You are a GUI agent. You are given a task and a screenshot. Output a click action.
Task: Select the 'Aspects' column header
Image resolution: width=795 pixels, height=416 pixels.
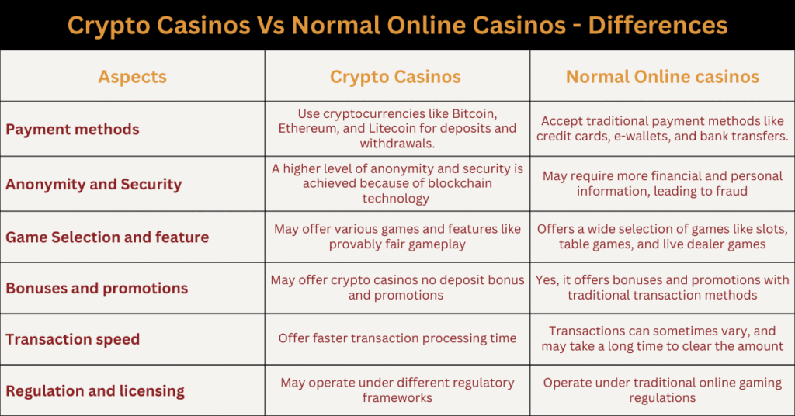coord(132,77)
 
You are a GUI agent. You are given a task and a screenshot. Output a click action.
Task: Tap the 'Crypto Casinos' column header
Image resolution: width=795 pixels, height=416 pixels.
coord(395,77)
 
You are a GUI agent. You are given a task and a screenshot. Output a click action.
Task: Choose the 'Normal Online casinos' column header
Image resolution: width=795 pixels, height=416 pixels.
coord(663,77)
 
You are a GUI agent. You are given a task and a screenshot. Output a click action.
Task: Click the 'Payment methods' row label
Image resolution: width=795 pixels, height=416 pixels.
coord(72,129)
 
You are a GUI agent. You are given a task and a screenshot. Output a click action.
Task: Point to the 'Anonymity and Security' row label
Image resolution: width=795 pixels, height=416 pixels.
coord(94,185)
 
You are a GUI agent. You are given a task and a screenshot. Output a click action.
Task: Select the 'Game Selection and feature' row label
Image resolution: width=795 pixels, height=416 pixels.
coord(107,237)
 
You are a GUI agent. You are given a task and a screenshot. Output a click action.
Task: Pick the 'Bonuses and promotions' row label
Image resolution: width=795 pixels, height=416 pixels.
coord(97,288)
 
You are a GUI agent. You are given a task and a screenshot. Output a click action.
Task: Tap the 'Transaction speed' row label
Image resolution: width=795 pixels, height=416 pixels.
coord(72,339)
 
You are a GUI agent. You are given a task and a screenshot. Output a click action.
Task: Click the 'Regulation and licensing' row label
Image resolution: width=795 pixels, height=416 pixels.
coord(95,391)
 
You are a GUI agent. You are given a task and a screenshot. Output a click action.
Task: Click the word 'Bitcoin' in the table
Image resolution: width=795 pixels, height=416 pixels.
coord(474,113)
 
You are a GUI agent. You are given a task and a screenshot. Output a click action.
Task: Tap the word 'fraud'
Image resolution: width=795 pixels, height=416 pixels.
coord(731,191)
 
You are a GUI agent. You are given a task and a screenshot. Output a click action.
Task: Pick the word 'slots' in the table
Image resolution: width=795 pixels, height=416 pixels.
coord(772,230)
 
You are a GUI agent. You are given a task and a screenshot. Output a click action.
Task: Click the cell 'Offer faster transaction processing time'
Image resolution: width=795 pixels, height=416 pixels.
coord(397,338)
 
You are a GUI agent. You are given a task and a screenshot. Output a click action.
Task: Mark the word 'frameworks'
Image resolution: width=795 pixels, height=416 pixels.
coord(397,397)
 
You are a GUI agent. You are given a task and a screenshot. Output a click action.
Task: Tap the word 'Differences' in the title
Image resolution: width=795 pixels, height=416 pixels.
coord(658,26)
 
